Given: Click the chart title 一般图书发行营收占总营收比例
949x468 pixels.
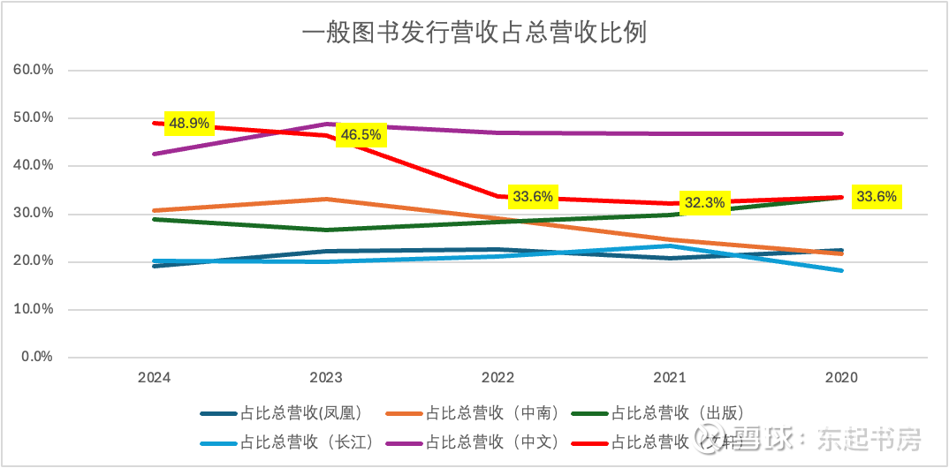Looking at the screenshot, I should pyautogui.click(x=474, y=34).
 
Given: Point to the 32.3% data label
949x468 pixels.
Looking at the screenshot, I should pyautogui.click(x=704, y=202).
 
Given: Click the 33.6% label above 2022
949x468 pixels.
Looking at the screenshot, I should pyautogui.click(x=533, y=196).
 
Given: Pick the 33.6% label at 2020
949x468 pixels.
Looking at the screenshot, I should pyautogui.click(x=876, y=197).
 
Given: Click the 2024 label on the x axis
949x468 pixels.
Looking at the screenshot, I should pyautogui.click(x=154, y=378).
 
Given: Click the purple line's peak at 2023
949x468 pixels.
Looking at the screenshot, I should pyautogui.click(x=326, y=124).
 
